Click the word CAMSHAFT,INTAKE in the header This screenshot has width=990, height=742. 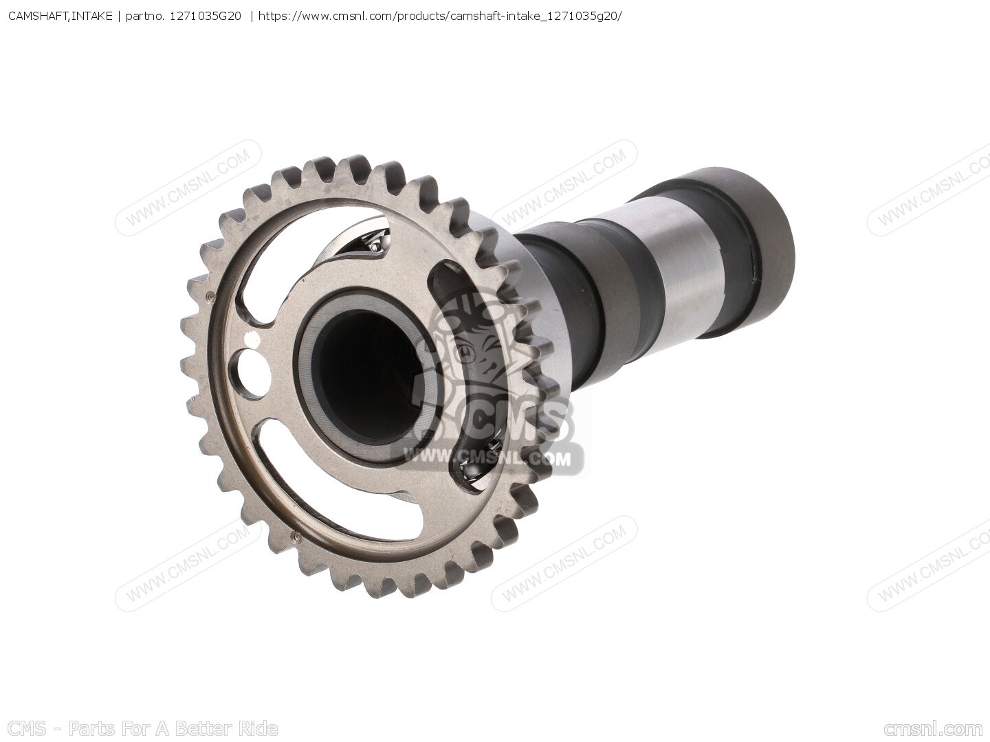(60, 16)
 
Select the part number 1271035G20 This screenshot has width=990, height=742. (205, 16)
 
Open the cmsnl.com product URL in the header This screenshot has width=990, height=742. (440, 17)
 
